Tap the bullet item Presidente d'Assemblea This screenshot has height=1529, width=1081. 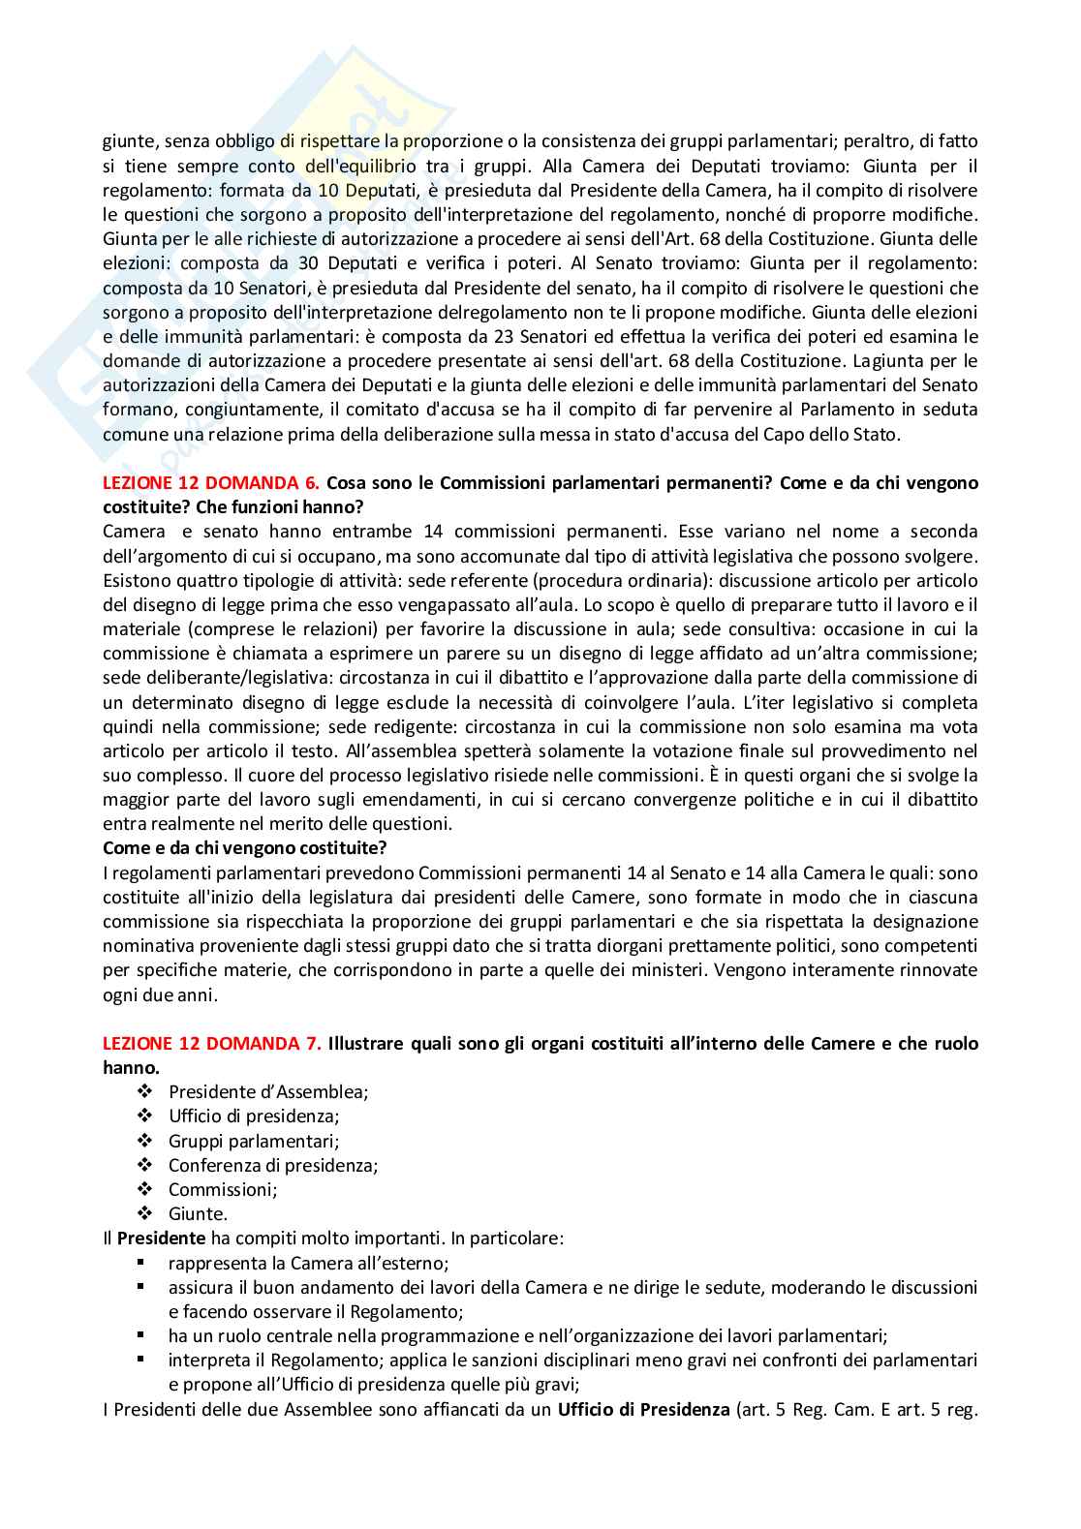point(268,1091)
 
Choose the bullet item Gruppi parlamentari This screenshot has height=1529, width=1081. point(254,1141)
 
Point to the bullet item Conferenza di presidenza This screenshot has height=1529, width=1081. point(273,1165)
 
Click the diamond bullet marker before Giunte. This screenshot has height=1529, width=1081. point(145,1213)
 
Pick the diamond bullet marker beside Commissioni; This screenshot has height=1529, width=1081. point(145,1189)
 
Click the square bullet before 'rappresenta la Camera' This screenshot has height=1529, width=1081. point(141,1263)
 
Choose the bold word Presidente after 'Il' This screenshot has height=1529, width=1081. point(161,1238)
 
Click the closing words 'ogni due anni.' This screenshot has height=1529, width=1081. point(161,994)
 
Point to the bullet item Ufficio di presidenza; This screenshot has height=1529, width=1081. point(254,1116)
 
